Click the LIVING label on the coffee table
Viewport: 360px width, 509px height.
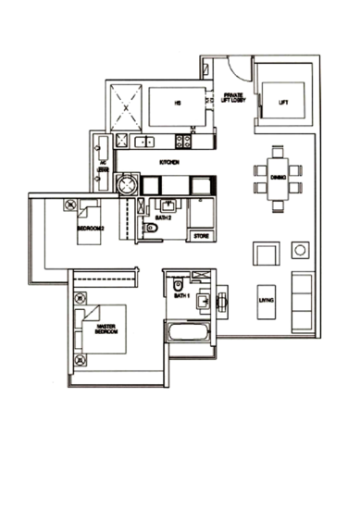[x=266, y=299]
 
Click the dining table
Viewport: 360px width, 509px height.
[x=277, y=174]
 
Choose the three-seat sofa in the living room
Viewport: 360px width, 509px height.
[x=301, y=301]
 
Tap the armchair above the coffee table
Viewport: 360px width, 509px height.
[x=265, y=253]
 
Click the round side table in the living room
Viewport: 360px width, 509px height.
[x=299, y=250]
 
